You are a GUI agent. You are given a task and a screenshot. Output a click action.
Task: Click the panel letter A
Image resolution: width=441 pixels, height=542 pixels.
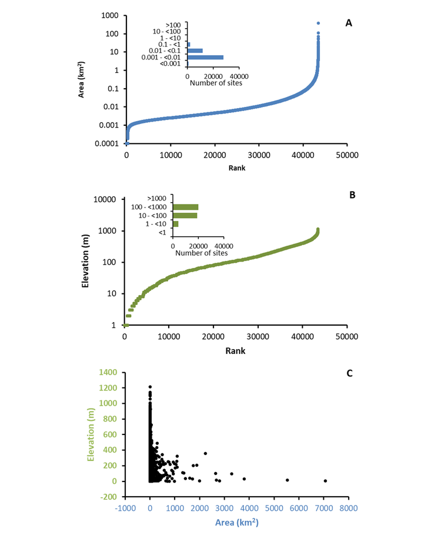(x=349, y=23)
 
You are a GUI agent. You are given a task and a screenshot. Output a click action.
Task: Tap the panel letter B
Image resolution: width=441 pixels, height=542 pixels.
(x=352, y=195)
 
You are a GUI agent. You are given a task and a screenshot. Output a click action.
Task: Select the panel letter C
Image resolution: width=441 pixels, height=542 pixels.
(x=349, y=373)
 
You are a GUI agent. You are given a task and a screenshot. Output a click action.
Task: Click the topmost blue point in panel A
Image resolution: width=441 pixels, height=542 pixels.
(x=318, y=23)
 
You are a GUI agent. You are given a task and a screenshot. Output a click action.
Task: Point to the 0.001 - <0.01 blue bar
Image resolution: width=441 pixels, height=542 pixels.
(x=205, y=58)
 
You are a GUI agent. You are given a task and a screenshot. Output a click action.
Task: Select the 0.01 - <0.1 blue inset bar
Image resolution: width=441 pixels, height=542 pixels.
(x=195, y=51)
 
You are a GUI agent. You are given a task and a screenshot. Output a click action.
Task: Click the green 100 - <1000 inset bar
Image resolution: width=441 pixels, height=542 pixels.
(x=186, y=207)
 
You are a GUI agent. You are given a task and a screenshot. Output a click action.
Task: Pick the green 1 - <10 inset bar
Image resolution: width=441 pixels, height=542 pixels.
(x=176, y=224)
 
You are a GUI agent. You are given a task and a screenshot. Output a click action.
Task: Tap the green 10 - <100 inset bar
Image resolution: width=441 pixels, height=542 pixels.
(x=185, y=216)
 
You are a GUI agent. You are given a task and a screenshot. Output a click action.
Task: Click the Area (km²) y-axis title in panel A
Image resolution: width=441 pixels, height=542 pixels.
(x=81, y=80)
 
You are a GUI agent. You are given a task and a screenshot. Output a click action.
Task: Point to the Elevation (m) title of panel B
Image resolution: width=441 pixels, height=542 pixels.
(x=85, y=261)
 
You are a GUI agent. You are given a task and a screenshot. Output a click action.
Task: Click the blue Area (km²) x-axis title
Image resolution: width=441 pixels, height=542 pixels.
(x=237, y=522)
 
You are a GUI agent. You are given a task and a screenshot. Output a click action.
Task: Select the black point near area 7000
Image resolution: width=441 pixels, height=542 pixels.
(x=325, y=481)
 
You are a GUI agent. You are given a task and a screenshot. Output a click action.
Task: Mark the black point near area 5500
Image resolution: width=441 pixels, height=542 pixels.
(x=287, y=480)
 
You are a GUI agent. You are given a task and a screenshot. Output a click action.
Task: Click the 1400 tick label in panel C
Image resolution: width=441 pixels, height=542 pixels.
(x=108, y=372)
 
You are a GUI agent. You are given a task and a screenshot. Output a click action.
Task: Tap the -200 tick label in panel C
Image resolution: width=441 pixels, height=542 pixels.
(x=109, y=497)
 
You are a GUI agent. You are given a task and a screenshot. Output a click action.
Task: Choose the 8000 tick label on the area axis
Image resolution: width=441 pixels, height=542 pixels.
(x=349, y=508)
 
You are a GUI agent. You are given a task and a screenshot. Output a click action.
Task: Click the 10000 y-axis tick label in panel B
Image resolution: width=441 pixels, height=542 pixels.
(x=105, y=199)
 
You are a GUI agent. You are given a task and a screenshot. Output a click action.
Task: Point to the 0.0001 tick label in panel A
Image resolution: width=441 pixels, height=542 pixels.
(x=106, y=143)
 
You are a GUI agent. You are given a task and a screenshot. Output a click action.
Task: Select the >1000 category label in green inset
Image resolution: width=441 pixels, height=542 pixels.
(x=156, y=199)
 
